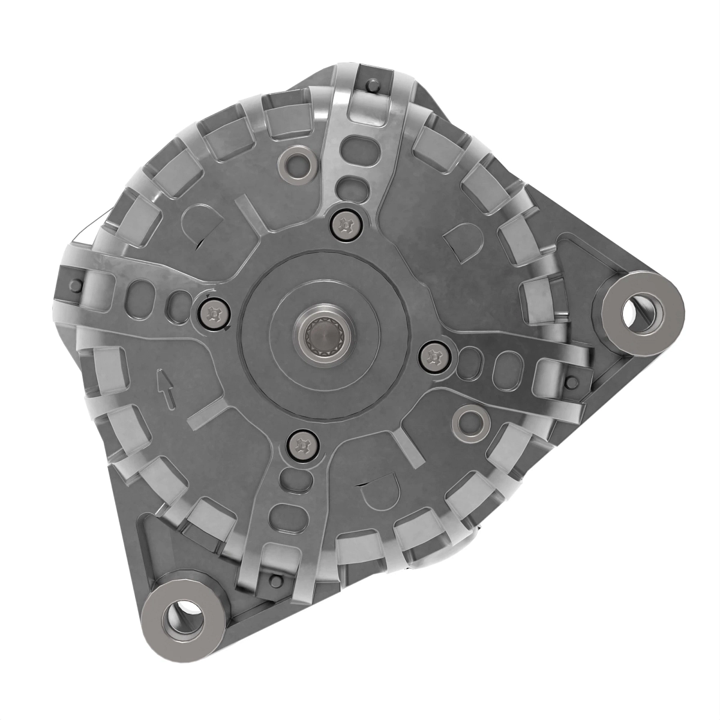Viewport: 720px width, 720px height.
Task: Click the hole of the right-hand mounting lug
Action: click(x=637, y=313)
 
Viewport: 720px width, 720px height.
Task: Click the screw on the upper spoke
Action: click(x=345, y=226)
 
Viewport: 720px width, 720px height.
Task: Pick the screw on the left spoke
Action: click(x=213, y=313)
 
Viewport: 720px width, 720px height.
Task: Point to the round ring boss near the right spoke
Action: click(x=469, y=422)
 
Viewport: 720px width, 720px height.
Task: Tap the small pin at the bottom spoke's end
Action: click(x=275, y=580)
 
